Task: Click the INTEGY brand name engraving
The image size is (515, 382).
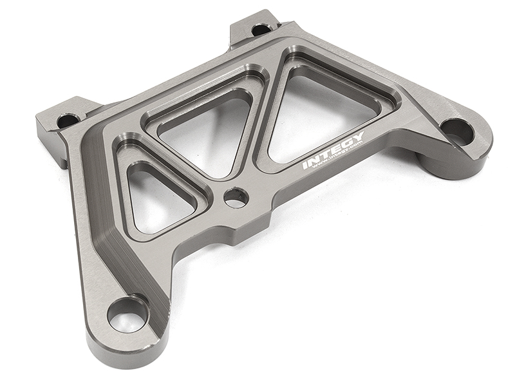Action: coord(333,149)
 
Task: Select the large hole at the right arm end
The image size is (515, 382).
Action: coord(457,131)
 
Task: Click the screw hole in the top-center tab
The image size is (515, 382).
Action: coord(261,29)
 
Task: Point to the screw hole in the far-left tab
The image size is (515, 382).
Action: coord(68,120)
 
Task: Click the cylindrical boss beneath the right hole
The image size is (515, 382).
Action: coord(444,164)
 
